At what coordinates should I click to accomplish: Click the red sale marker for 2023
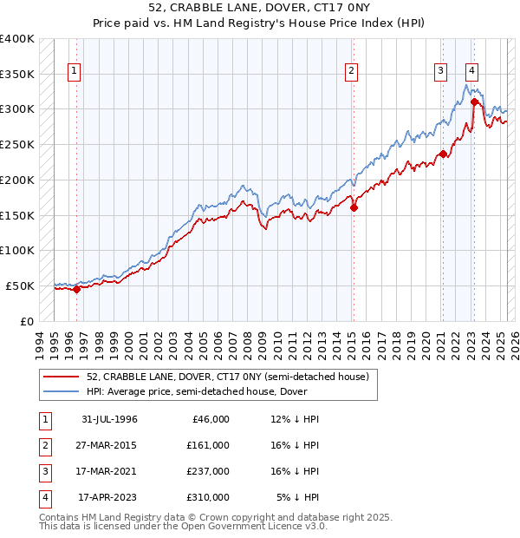pyautogui.click(x=474, y=102)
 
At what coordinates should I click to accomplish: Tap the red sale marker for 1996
pyautogui.click(x=76, y=289)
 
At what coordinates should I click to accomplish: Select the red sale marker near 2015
pyautogui.click(x=354, y=207)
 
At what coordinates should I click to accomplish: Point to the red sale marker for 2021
pyautogui.click(x=443, y=154)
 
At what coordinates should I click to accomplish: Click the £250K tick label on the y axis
pyautogui.click(x=17, y=144)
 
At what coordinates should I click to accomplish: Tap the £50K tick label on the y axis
pyautogui.click(x=21, y=285)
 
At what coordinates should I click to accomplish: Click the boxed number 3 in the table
pyautogui.click(x=44, y=471)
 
